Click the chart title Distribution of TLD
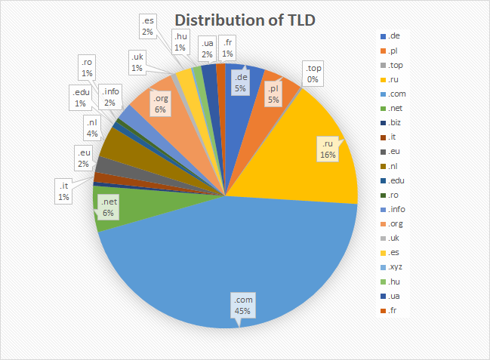click(245, 20)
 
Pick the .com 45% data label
click(243, 306)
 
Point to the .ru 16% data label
click(327, 149)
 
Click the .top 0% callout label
click(311, 73)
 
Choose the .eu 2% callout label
click(84, 158)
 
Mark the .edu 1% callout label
click(79, 97)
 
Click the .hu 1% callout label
click(180, 41)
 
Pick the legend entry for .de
click(394, 36)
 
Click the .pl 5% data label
click(272, 94)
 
